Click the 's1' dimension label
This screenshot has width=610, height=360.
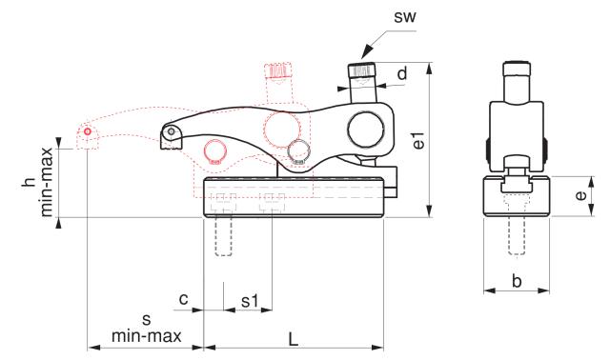coord(250,301)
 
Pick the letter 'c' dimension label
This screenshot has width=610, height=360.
coord(183,301)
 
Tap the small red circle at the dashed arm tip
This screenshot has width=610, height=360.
coord(88,130)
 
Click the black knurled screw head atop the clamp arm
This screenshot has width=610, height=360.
coord(360,71)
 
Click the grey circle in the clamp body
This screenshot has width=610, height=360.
coord(300,150)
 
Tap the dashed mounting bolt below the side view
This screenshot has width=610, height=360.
coord(516,235)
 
